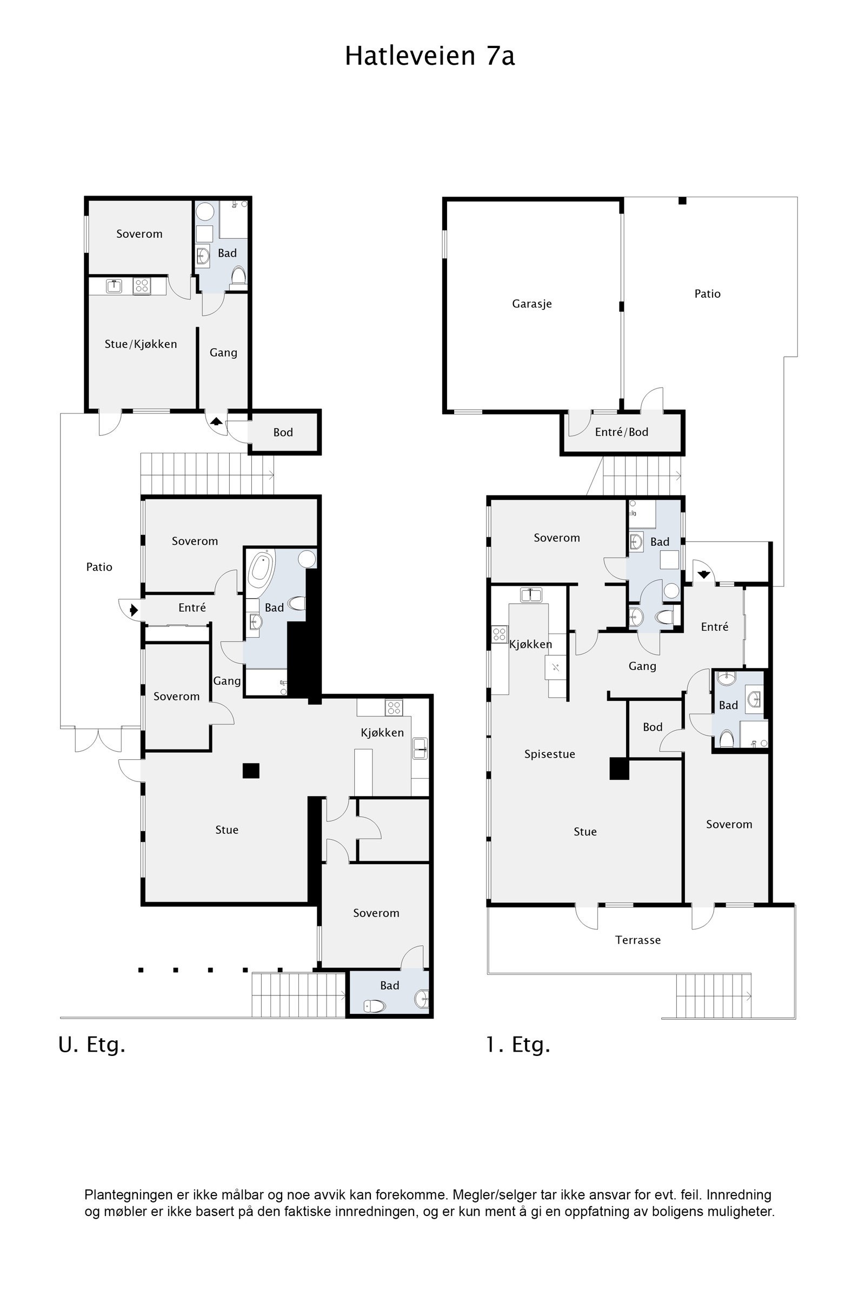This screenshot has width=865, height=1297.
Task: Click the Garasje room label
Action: pos(532,304)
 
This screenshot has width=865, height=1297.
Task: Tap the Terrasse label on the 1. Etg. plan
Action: pos(638,940)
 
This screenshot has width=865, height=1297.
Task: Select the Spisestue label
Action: pos(549,754)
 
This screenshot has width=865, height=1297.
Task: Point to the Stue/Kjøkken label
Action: pos(141,344)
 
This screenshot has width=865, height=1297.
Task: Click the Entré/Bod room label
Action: pos(622,432)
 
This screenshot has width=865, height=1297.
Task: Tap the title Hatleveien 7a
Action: pos(430,56)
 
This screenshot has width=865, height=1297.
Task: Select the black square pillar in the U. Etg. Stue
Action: pos(251,771)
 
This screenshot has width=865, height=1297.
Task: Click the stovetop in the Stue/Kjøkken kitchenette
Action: pos(142,286)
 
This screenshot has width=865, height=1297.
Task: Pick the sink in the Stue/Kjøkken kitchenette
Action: pos(114,286)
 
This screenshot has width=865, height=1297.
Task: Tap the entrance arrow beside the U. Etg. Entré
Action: pos(134,611)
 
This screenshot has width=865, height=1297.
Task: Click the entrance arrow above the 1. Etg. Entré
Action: pos(703,574)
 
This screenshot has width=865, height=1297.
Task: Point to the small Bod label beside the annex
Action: pos(283,432)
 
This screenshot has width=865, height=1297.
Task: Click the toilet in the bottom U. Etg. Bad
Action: pos(375,1006)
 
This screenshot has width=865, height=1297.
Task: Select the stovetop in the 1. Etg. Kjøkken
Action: pos(499,634)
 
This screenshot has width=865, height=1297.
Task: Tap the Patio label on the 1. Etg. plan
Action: pos(707,294)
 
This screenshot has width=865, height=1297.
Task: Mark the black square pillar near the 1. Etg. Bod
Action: pos(619,768)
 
